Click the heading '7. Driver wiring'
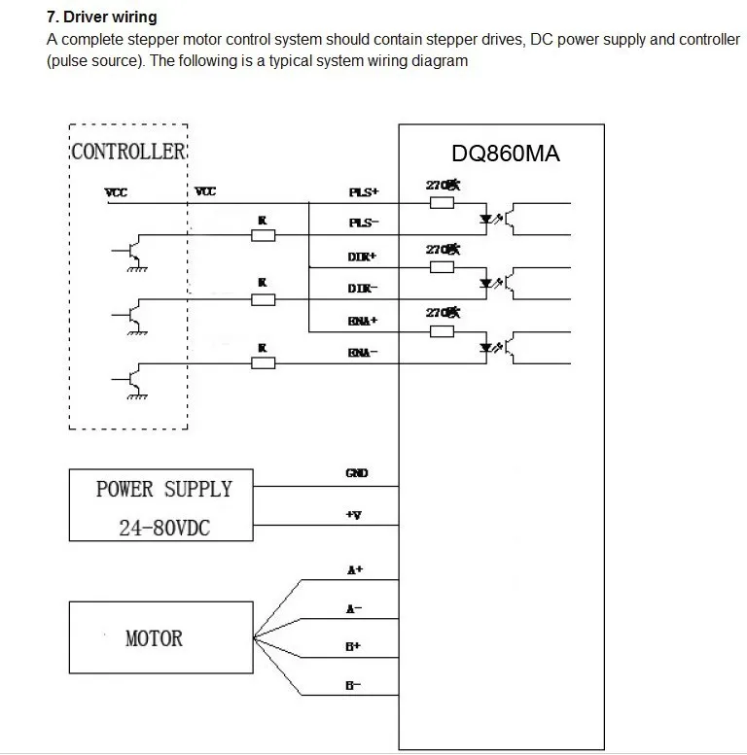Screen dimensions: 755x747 [x=102, y=17]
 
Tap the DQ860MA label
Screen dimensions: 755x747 [x=506, y=154]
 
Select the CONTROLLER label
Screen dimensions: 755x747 [x=128, y=152]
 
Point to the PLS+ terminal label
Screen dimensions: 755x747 [x=363, y=192]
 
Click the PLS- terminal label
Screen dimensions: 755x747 [x=363, y=223]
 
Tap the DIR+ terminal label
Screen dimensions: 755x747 [x=363, y=257]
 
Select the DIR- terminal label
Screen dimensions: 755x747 [x=363, y=289]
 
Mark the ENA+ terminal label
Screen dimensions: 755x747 [x=363, y=321]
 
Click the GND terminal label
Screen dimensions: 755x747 [x=357, y=473]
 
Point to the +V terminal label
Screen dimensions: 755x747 [x=354, y=515]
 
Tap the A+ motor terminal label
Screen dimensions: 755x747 [x=355, y=570]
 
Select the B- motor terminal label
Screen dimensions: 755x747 [x=354, y=685]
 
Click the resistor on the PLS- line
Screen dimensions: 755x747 [x=263, y=234]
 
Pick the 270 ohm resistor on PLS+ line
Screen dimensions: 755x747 [x=442, y=203]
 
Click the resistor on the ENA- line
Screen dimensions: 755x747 [x=263, y=363]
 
